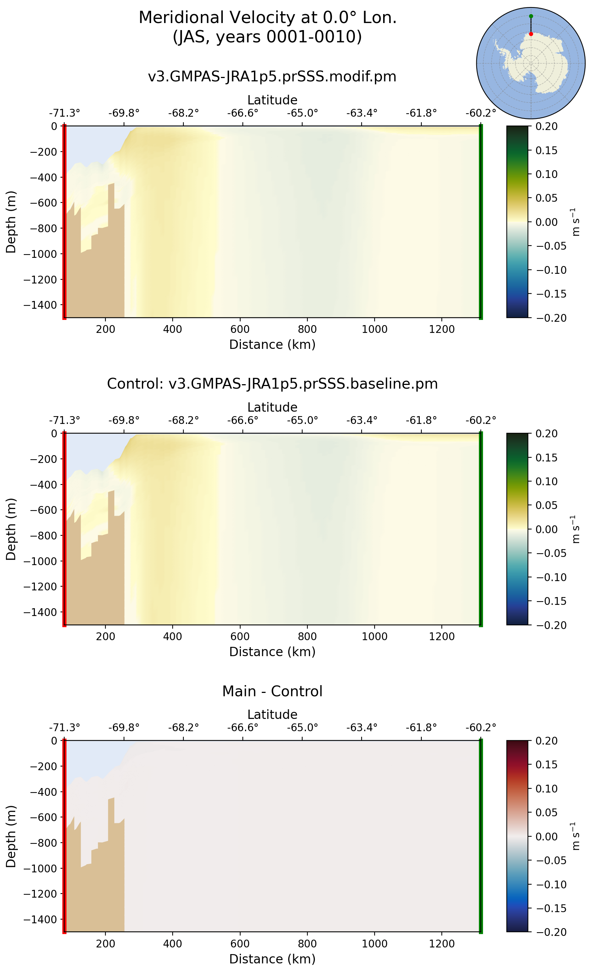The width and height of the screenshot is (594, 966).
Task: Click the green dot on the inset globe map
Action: click(531, 16)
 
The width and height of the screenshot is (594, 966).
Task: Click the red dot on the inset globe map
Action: click(531, 34)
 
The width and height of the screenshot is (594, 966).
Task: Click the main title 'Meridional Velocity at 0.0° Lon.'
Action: click(268, 18)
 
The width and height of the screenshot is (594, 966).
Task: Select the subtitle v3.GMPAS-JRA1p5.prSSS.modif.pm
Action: click(272, 76)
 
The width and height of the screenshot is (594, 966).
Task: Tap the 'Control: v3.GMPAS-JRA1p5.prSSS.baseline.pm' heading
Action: click(272, 383)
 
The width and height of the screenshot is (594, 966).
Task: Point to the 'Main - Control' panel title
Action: click(272, 691)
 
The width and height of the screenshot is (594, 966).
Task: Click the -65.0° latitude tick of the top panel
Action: click(302, 113)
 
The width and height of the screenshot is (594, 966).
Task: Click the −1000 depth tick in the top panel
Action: click(40, 254)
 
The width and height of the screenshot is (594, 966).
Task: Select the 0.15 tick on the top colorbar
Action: click(546, 150)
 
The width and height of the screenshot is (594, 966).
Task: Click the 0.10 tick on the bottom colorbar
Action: click(546, 788)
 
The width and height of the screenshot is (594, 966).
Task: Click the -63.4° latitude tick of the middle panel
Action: click(362, 420)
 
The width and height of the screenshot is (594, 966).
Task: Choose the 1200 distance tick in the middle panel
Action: click(441, 636)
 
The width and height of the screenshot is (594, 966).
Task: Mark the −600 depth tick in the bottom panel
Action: click(43, 817)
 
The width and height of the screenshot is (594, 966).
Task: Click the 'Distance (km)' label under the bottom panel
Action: click(272, 959)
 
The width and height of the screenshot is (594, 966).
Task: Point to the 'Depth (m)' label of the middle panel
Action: click(11, 529)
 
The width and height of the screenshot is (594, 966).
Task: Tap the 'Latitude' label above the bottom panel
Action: click(272, 714)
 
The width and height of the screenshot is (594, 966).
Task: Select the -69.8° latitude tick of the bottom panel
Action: click(124, 727)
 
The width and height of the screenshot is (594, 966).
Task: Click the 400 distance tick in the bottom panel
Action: click(173, 944)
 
